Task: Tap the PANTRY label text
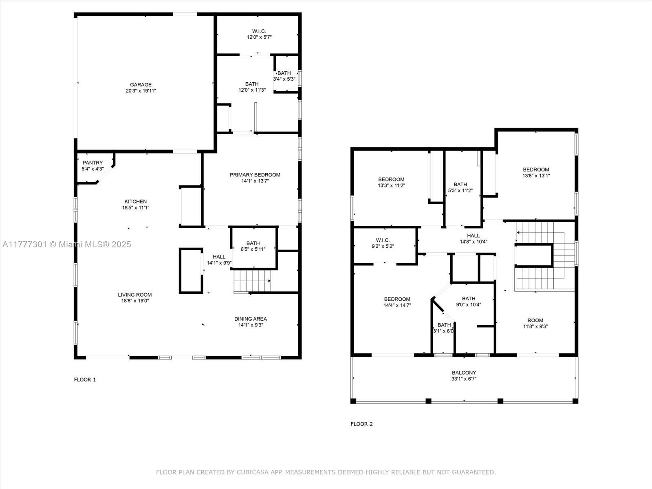(93, 163)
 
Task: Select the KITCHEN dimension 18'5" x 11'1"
(135, 207)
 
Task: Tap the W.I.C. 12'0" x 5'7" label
(259, 34)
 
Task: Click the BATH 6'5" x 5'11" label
(253, 246)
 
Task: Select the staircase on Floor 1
(252, 281)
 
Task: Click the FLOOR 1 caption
(85, 379)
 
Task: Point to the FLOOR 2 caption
(361, 424)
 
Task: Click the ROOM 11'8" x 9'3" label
(535, 323)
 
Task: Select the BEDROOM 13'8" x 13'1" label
(536, 172)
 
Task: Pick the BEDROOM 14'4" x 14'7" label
(397, 302)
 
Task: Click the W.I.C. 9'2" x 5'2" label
(383, 243)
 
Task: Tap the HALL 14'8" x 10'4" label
(473, 239)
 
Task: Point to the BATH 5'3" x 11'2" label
(460, 187)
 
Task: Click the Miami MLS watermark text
(67, 244)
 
